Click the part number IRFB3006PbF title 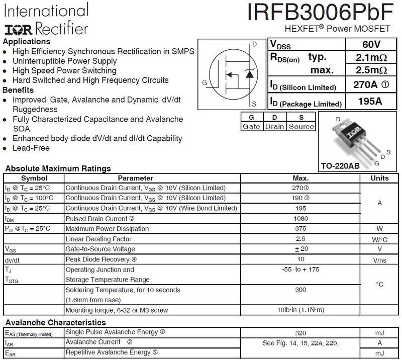(324, 12)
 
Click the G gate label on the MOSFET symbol (204, 82)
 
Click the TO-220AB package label (340, 166)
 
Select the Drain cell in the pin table (275, 127)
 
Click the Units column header (379, 178)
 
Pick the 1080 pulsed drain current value (300, 219)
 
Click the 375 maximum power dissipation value (300, 229)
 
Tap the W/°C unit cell (379, 239)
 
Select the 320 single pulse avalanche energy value (300, 332)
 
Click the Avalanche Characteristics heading (55, 322)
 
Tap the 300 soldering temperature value (300, 290)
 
